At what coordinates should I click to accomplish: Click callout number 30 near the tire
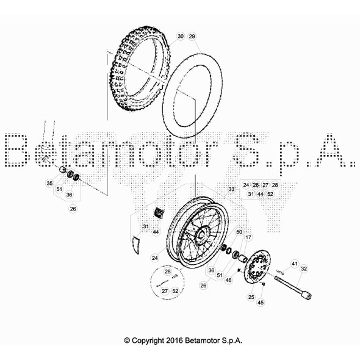[x=180, y=37]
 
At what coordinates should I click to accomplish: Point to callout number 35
[x=49, y=182]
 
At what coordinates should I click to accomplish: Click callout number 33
[x=231, y=190]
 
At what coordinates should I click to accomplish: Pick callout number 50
[x=239, y=232]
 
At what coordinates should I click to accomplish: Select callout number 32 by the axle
[x=304, y=268]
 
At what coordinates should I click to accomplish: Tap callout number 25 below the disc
[x=251, y=297]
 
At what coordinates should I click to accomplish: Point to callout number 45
[x=261, y=302]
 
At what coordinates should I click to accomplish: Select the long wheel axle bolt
[x=296, y=287]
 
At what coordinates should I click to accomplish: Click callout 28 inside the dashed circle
[x=168, y=270]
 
